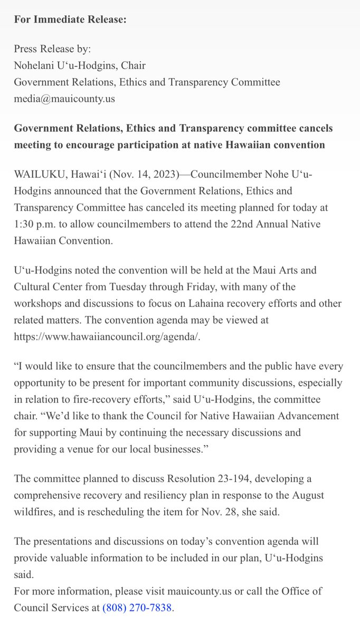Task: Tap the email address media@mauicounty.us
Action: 64,98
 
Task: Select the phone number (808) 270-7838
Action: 138,608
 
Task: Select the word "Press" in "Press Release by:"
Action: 26,49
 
